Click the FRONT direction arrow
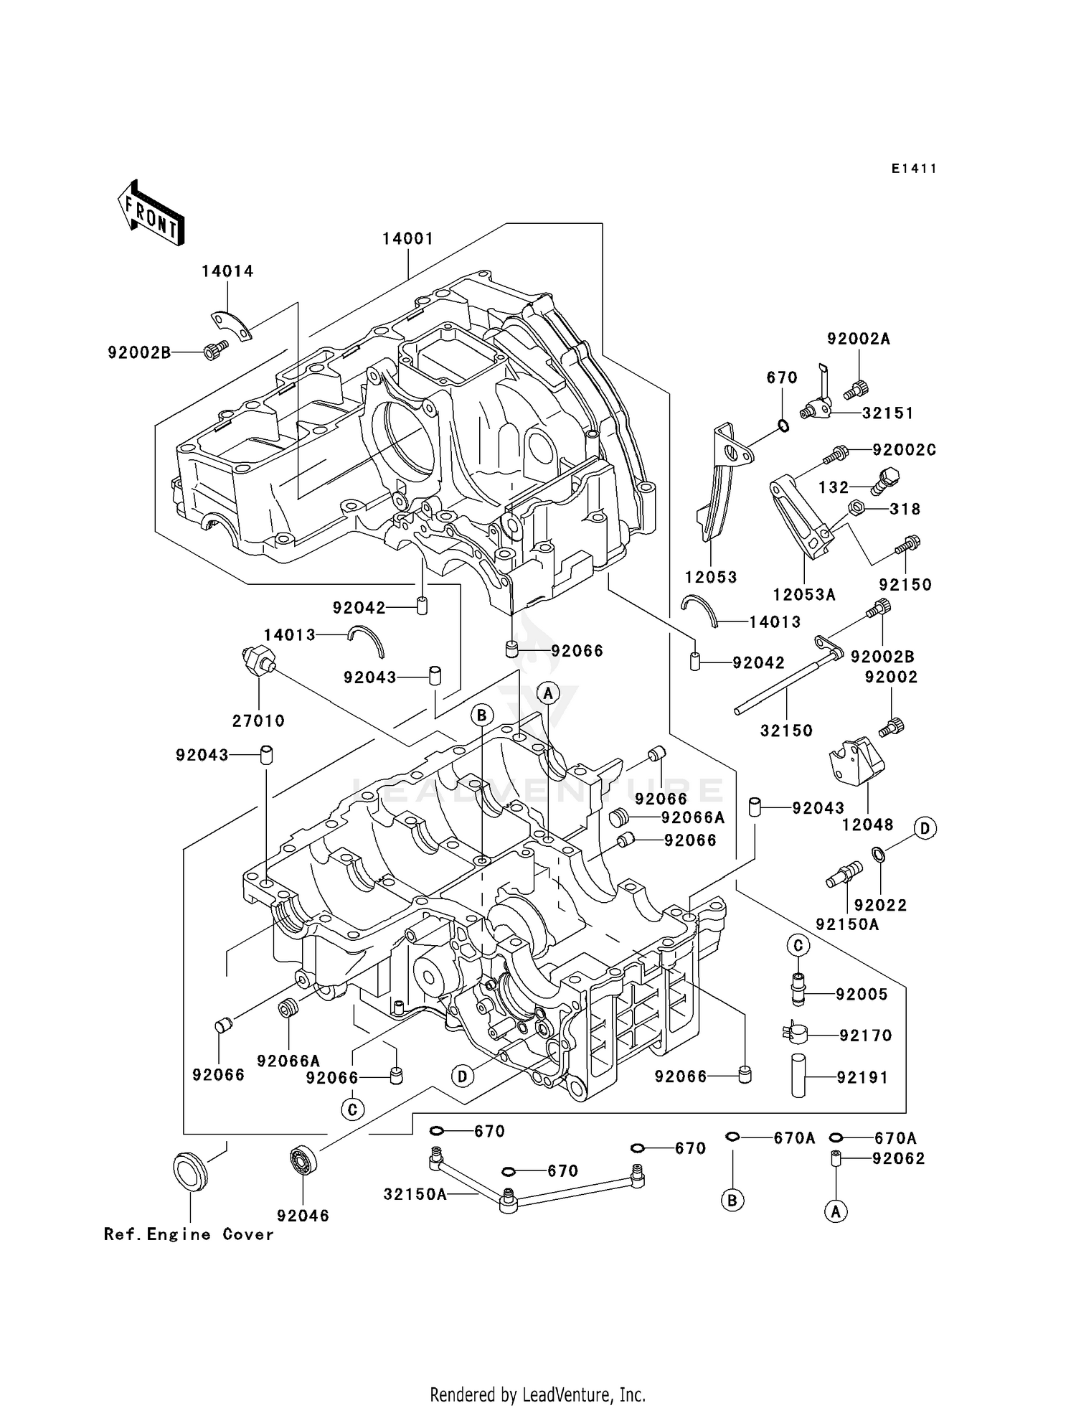pyautogui.click(x=151, y=215)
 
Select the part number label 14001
pyautogui.click(x=407, y=239)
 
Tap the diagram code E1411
pyautogui.click(x=914, y=169)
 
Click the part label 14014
pyautogui.click(x=227, y=271)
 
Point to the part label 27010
pyautogui.click(x=259, y=721)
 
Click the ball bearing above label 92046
pyautogui.click(x=302, y=1160)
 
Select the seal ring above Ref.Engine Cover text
pyautogui.click(x=190, y=1170)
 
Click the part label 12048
pyautogui.click(x=868, y=825)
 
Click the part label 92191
pyautogui.click(x=862, y=1077)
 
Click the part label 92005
pyautogui.click(x=862, y=994)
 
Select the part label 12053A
pyautogui.click(x=804, y=594)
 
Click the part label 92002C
pyautogui.click(x=904, y=450)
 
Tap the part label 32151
pyautogui.click(x=887, y=413)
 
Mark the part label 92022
pyautogui.click(x=881, y=905)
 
